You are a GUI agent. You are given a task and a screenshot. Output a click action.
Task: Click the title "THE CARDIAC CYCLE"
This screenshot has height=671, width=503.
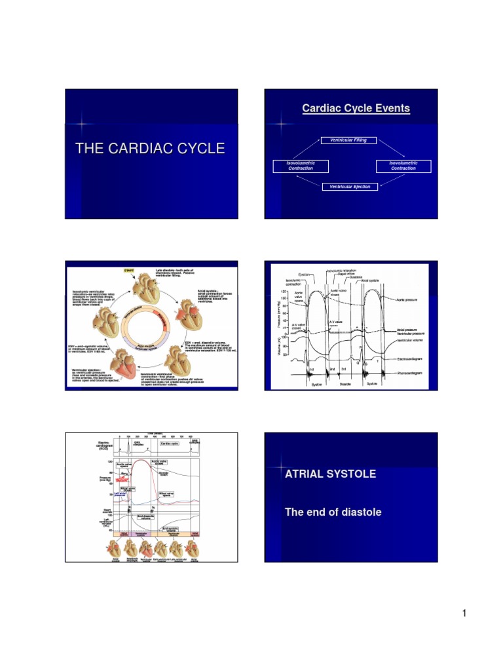point(150,149)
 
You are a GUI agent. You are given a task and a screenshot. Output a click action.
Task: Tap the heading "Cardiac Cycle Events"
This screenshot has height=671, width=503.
point(356,108)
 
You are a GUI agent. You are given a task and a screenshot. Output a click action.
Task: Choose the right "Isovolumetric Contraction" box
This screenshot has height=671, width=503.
point(404,166)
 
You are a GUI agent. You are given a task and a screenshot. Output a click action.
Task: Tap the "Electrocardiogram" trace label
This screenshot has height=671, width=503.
point(414,360)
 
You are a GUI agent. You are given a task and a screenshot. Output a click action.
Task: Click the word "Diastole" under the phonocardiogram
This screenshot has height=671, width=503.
point(345,384)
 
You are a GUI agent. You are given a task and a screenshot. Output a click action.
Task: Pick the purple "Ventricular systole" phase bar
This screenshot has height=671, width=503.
point(145,533)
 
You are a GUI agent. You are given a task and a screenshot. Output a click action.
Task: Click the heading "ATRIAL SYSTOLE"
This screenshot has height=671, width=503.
point(330,474)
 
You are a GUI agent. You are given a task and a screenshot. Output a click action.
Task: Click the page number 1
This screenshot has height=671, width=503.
point(463,613)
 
